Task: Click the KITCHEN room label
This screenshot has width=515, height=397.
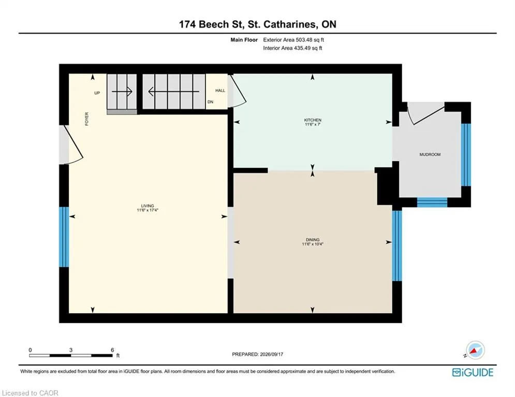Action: pyautogui.click(x=313, y=120)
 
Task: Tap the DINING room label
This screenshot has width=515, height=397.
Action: pyautogui.click(x=313, y=240)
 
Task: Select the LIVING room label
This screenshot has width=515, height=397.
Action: pyautogui.click(x=148, y=206)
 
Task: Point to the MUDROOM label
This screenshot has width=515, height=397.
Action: pyautogui.click(x=430, y=155)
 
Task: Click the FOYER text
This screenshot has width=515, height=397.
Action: pyautogui.click(x=87, y=119)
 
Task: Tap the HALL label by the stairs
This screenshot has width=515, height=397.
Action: pyautogui.click(x=220, y=90)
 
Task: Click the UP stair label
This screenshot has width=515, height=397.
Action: pyautogui.click(x=97, y=93)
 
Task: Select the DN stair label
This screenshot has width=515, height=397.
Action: pyautogui.click(x=210, y=102)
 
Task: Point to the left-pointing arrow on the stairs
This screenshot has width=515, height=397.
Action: pyautogui.click(x=174, y=91)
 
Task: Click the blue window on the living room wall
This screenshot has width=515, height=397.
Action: pyautogui.click(x=64, y=237)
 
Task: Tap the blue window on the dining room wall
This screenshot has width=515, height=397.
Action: pyautogui.click(x=397, y=246)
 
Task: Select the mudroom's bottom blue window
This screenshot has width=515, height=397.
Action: pyautogui.click(x=432, y=202)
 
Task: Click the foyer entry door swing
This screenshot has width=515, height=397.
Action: pyautogui.click(x=74, y=144)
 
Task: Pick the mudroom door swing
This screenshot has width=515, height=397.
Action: pyautogui.click(x=425, y=114)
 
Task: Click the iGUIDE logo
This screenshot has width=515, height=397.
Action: pyautogui.click(x=473, y=372)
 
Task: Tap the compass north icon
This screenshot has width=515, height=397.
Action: pyautogui.click(x=475, y=350)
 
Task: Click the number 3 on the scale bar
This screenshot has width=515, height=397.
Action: pyautogui.click(x=71, y=350)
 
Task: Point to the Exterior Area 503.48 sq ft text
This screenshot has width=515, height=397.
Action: pyautogui.click(x=293, y=40)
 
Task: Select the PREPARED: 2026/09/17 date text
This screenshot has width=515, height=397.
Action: pyautogui.click(x=258, y=354)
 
